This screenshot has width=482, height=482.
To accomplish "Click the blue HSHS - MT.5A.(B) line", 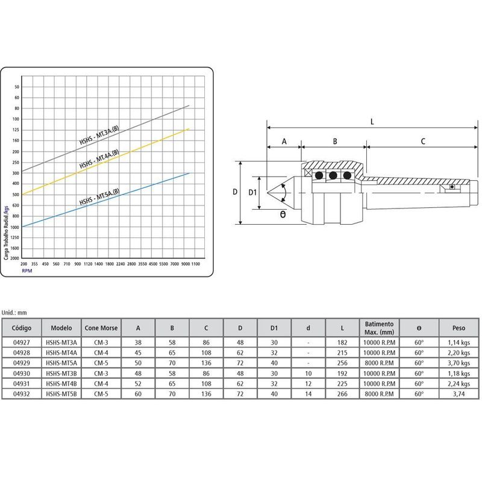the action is tap(106, 200).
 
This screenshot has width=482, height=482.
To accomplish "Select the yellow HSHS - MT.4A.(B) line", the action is tap(106, 161).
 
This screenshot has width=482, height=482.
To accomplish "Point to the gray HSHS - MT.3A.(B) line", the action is tap(106, 139).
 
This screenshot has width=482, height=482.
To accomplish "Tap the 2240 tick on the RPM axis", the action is tap(120, 264).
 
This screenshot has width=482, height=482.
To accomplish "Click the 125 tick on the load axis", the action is tap(16, 130).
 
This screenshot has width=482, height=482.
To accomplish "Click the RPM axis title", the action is tap(27, 271).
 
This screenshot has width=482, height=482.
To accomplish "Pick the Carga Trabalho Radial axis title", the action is tap(6, 233).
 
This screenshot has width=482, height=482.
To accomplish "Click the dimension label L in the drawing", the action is tap(372, 122).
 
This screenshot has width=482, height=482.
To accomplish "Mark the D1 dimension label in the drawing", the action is tap(252, 192).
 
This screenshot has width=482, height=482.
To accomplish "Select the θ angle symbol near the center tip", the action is tap(283, 214).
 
